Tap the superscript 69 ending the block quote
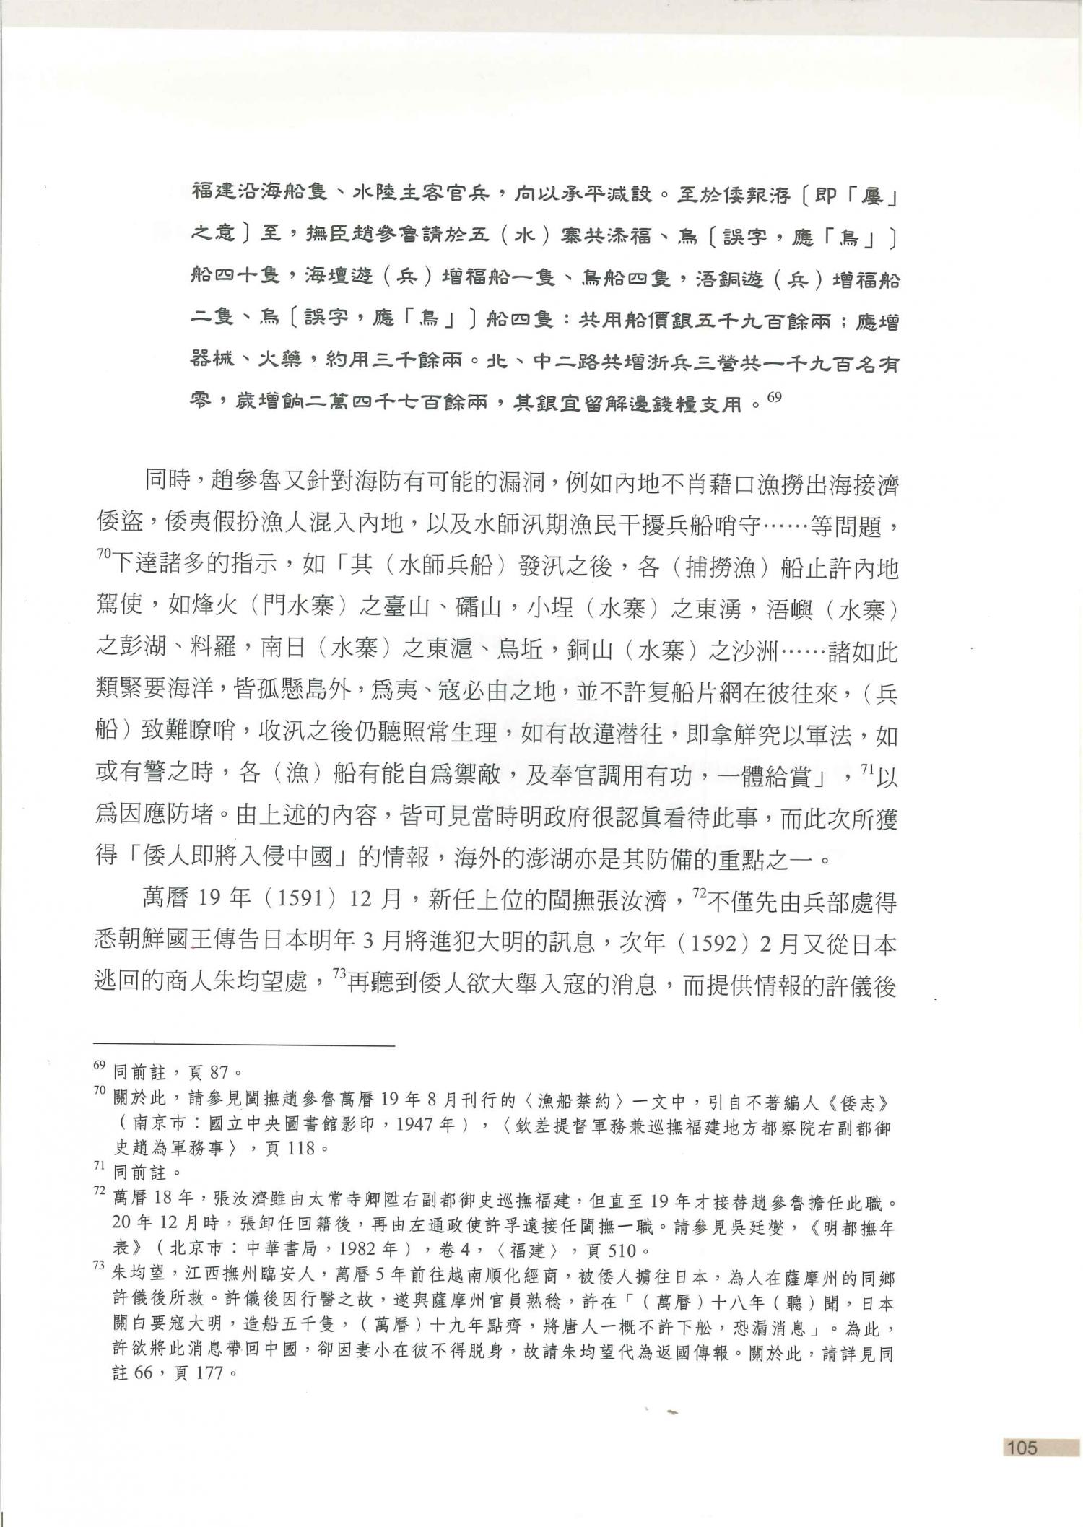(x=773, y=396)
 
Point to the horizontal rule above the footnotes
(x=245, y=1045)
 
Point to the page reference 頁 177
(x=199, y=1372)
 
